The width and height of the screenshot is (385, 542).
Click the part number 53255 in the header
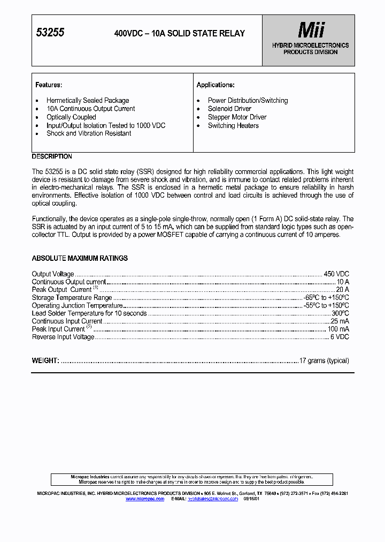pos(50,33)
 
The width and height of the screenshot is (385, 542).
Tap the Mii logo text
pos(311,31)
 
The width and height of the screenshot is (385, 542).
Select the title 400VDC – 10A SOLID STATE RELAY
pos(180,33)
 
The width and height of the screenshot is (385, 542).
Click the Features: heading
pos(49,85)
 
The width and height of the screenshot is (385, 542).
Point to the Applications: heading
pos(215,85)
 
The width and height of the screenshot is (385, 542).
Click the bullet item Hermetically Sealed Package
pos(88,101)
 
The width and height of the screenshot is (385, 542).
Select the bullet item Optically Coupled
pos(71,117)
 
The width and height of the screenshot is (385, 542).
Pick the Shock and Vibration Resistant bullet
pos(89,133)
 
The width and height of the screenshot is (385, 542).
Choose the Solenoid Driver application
pos(229,109)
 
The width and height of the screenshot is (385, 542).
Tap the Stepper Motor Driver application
pos(237,117)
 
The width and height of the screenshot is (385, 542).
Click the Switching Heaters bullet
pos(233,126)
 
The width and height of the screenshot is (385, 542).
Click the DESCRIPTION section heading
pos(52,156)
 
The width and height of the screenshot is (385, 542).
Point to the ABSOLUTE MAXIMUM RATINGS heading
pos(80,258)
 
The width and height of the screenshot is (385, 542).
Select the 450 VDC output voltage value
pos(336,274)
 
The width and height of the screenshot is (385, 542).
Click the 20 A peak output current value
pos(342,290)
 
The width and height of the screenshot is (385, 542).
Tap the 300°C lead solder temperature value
pos(340,313)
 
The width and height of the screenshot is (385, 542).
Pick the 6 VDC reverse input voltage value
pos(340,337)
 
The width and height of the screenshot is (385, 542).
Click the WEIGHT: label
pos(45,361)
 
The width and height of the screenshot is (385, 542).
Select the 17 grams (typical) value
pos(324,361)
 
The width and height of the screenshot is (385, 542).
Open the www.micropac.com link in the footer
pos(145,499)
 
